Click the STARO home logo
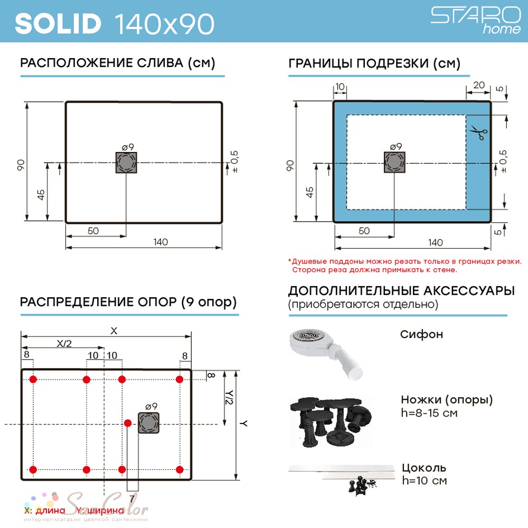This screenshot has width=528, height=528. click(476, 21)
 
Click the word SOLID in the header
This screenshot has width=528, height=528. click(58, 24)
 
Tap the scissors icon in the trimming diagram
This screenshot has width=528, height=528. click(479, 133)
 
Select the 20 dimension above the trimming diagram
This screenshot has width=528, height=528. click(479, 85)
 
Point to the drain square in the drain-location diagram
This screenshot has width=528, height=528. click(126, 163)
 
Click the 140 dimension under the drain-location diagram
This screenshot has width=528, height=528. click(161, 242)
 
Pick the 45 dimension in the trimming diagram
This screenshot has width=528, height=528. click(309, 192)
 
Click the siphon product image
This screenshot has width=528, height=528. click(326, 353)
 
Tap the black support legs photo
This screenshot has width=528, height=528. click(331, 422)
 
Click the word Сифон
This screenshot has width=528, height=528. click(421, 334)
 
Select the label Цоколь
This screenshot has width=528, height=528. click(424, 467)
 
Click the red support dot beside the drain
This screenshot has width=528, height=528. click(128, 423)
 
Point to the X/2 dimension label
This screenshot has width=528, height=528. click(64, 344)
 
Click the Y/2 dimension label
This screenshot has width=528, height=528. click(229, 398)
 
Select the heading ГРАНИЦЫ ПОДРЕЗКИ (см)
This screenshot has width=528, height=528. click(374, 63)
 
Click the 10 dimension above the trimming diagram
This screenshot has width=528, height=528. click(340, 87)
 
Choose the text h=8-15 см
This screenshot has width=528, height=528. click(429, 413)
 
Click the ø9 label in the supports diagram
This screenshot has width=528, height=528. click(152, 407)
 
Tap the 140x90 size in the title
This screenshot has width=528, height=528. click(165, 24)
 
